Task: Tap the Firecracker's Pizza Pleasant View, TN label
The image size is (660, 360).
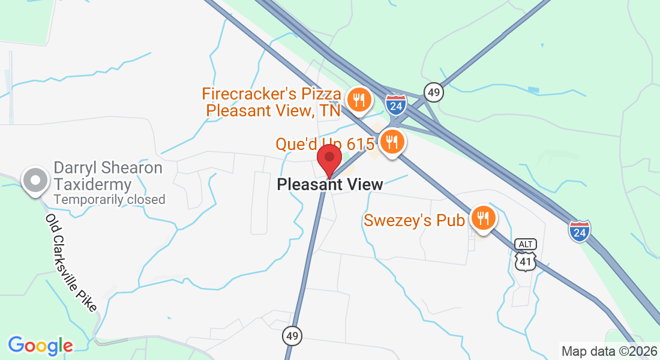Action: [x=272, y=102]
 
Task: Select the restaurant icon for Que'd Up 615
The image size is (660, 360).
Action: [x=392, y=142]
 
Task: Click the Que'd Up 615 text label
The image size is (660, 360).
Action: [x=325, y=144]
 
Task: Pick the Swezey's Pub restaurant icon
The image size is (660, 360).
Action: [x=482, y=218]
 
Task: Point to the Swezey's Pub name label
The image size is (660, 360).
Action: [x=415, y=221]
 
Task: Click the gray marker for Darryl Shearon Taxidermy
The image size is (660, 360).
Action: [x=35, y=180]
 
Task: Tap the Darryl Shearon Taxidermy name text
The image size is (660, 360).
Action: [x=108, y=176]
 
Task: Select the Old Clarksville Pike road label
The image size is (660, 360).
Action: [x=71, y=262]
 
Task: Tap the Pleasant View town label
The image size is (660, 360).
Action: [x=330, y=185]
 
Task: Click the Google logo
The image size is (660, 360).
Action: [x=40, y=346]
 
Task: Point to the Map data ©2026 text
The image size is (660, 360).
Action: [x=609, y=351]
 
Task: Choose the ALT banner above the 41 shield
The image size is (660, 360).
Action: [x=525, y=244]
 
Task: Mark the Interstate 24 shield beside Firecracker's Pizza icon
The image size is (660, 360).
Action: [x=396, y=104]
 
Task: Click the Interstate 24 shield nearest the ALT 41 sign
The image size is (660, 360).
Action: [x=579, y=230]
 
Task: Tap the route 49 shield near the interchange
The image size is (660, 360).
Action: [x=433, y=92]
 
